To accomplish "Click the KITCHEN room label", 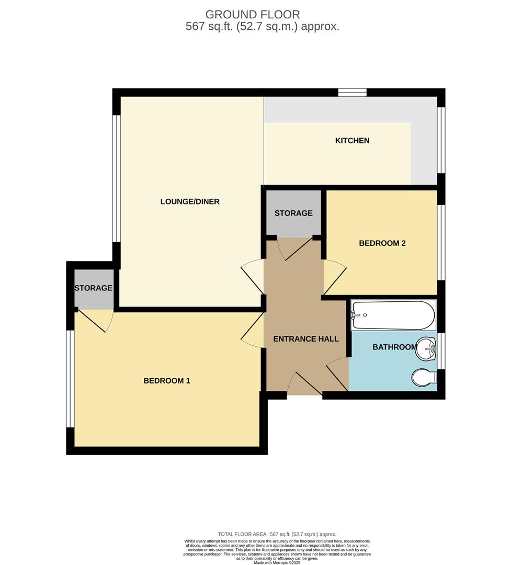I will tap(352, 141).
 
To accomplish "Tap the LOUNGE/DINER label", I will tap(189, 201).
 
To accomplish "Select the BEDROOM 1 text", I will tap(167, 381).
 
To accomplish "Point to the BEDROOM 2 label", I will tap(382, 243).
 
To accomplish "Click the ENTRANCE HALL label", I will tap(306, 339).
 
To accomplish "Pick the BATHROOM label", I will tap(394, 347).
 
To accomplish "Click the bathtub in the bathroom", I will tap(393, 315).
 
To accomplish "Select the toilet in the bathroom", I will tap(424, 378).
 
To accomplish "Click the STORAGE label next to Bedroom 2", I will tap(293, 213).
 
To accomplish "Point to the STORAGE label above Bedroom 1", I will tap(93, 288).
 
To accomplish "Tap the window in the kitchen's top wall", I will tap(351, 93).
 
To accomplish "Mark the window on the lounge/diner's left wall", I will tap(117, 178).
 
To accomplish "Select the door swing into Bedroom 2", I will tap(334, 276).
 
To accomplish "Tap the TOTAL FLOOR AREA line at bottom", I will tap(277, 534).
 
